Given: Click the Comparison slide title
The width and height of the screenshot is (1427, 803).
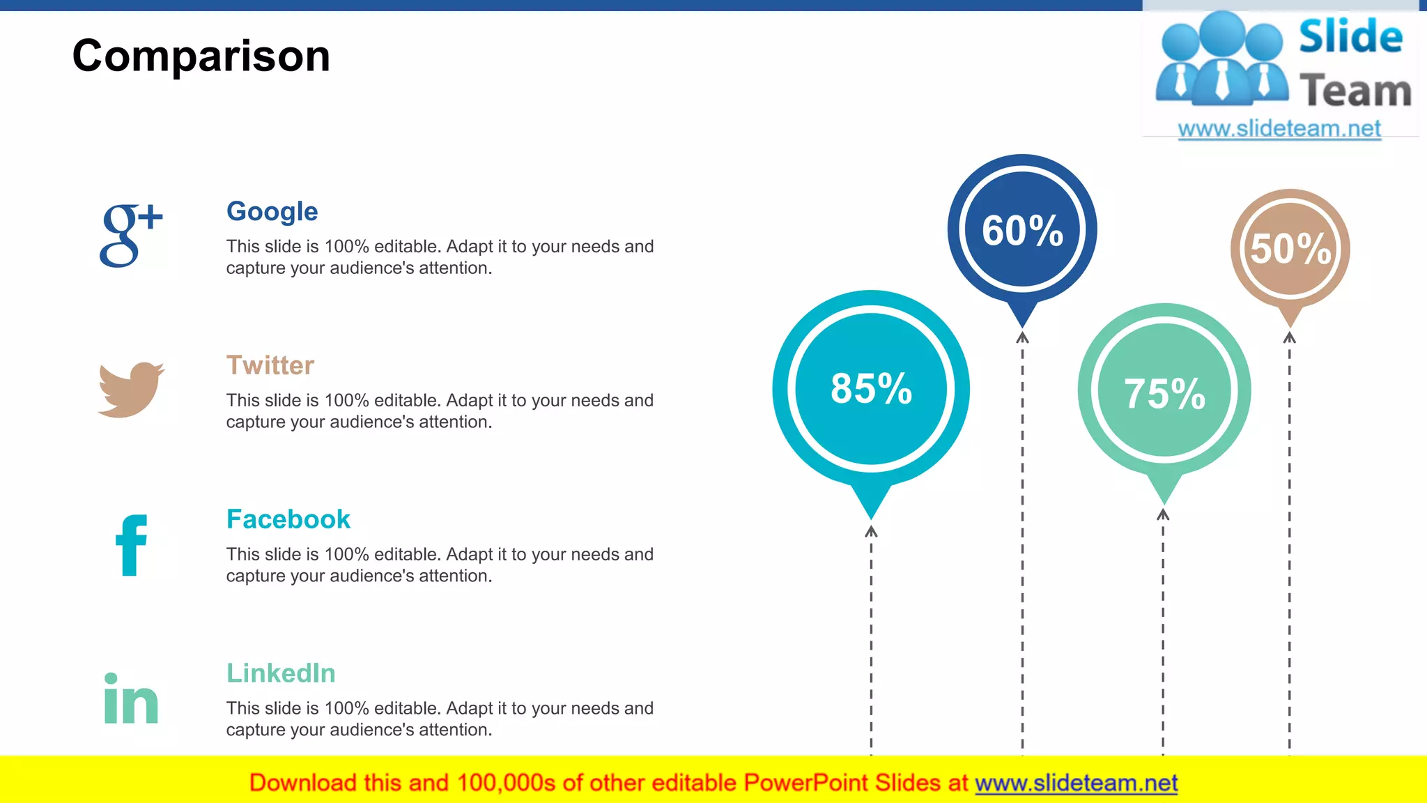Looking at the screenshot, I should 201,56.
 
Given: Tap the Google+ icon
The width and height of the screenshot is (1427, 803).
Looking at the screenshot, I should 130,235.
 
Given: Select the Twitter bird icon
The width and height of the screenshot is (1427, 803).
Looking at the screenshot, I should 131,389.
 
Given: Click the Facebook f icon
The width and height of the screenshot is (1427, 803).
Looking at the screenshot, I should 131,545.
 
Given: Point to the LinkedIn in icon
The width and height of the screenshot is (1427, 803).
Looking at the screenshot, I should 131,698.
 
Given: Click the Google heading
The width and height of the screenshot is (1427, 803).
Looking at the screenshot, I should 272,211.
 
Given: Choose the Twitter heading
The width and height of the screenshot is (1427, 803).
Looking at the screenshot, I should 270,365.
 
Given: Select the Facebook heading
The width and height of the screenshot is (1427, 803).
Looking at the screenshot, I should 288,519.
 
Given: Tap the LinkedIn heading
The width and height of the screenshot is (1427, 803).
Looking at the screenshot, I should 281,673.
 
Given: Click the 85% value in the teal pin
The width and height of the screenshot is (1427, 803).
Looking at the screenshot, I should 871,388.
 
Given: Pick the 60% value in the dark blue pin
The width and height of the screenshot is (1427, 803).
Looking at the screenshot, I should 1022,231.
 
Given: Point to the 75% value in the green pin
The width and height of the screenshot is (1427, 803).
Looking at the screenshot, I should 1164,394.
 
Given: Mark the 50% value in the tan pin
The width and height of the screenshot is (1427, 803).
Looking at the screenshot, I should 1290,249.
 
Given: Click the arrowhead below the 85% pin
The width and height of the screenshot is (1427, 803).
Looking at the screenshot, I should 871,532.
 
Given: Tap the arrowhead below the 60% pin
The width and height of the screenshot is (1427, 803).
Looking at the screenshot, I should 1022,338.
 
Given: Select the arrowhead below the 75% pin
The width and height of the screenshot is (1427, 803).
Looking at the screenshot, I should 1163,515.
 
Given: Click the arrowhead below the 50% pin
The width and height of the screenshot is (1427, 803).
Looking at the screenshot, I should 1290,338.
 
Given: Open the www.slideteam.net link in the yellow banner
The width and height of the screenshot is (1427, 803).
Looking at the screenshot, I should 1076,783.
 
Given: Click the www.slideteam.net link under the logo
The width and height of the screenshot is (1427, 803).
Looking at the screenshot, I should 1279,129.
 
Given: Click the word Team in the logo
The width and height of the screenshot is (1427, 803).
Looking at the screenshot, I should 1355,91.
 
